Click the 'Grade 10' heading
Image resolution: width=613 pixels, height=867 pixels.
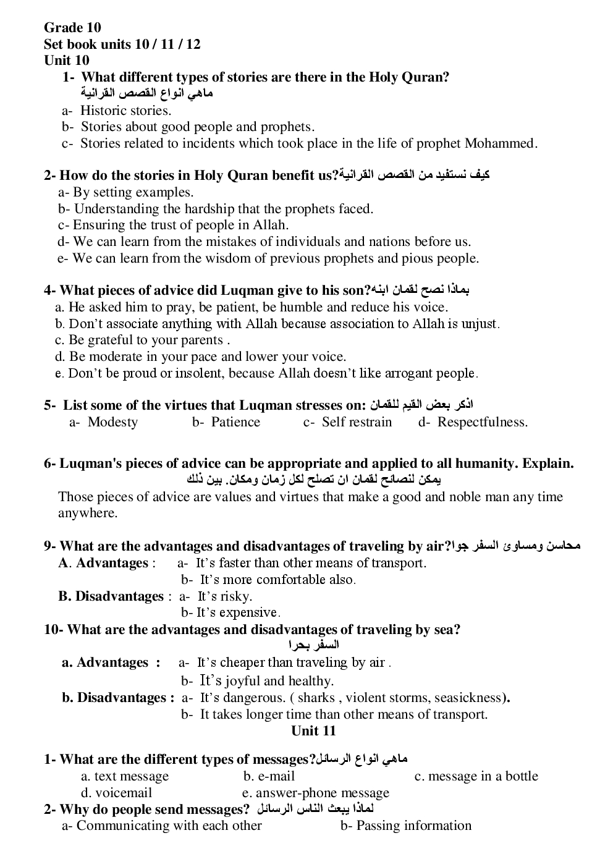click(x=72, y=27)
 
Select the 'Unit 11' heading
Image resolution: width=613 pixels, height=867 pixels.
click(x=313, y=730)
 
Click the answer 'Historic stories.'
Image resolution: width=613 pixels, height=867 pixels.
click(x=125, y=111)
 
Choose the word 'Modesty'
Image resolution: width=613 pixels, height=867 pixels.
click(x=112, y=422)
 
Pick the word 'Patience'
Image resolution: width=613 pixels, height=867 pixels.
click(x=235, y=422)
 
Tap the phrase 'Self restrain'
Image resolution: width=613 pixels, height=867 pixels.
click(x=357, y=422)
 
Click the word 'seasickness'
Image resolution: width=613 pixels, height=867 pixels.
click(x=468, y=698)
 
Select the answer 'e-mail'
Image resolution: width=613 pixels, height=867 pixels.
click(x=276, y=776)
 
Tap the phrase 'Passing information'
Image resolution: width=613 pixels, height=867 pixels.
click(x=413, y=826)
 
